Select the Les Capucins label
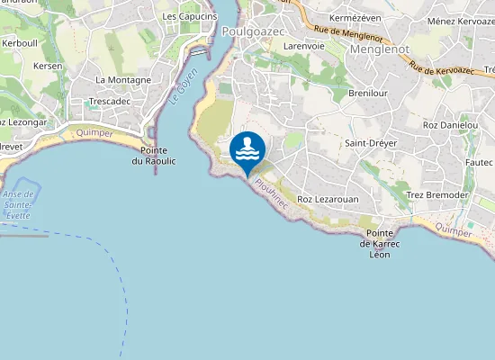pos(190,16)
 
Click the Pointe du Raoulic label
pos(154,155)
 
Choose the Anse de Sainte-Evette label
pos(18,204)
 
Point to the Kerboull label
pos(20,42)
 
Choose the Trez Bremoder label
pos(436,195)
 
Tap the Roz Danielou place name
pos(450,124)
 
